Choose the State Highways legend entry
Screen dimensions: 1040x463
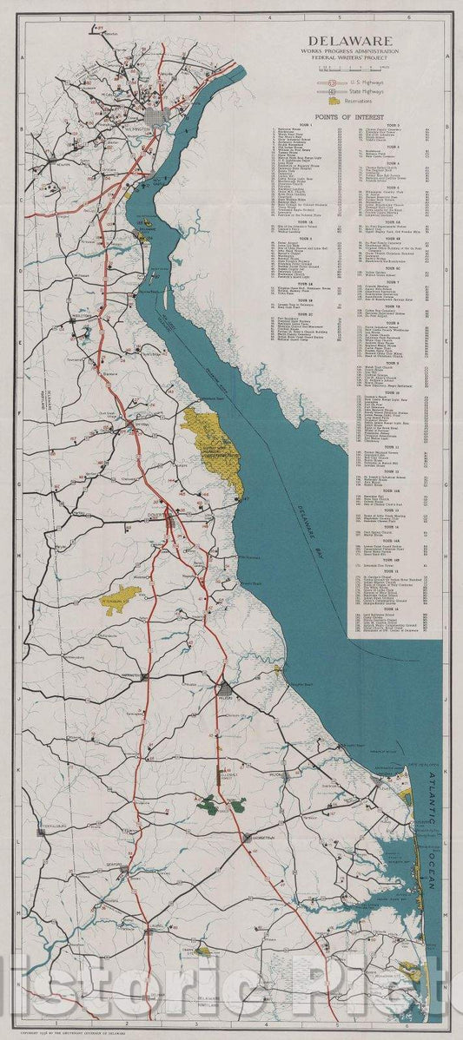coord(362,91)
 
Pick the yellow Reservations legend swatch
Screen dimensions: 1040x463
coord(334,102)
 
